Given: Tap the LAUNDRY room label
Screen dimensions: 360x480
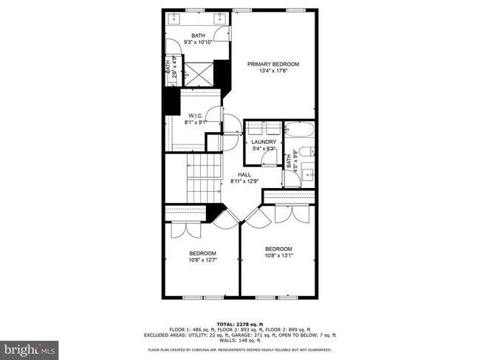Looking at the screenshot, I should click(263, 142).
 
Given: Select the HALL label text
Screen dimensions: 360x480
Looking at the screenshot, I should click(244, 174).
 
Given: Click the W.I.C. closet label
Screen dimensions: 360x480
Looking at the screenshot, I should click(195, 116).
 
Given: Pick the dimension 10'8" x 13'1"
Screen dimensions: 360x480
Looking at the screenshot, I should click(278, 255).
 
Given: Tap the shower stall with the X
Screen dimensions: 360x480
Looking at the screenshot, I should click(198, 73).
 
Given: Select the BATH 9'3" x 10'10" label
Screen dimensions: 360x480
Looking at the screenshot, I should click(199, 39).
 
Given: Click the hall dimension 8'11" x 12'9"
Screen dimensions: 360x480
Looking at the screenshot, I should click(244, 181).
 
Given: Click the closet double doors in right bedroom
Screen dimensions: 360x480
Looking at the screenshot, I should click(289, 215).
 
